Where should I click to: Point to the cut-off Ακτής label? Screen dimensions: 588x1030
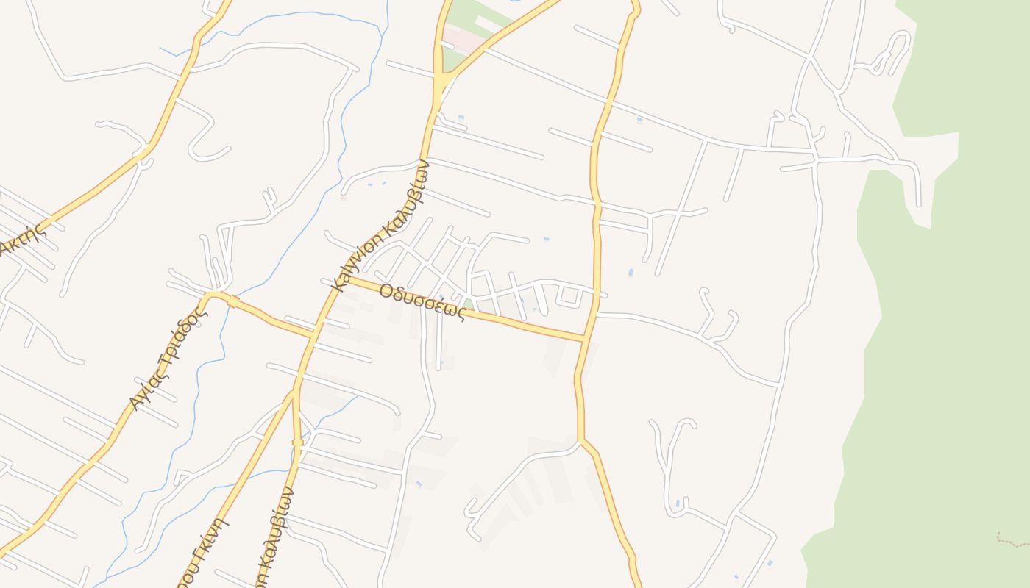pos(22,238)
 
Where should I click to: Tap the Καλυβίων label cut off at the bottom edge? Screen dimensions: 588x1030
pos(275,537)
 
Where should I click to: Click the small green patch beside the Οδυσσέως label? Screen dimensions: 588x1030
pos(468,304)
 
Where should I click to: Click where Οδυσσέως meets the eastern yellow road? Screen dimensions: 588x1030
pos(585,339)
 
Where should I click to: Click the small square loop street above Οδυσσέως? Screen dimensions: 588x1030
pos(569,296)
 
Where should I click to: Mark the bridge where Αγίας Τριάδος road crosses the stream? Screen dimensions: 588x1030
pos(232,301)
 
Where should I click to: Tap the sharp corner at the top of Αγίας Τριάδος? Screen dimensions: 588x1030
pos(209,295)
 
